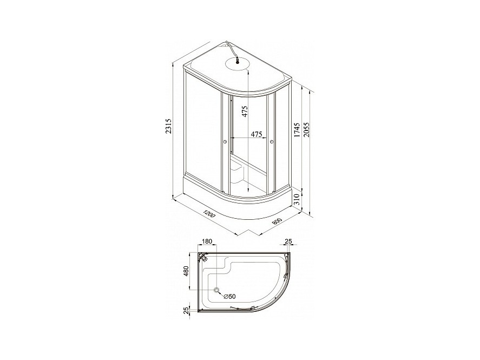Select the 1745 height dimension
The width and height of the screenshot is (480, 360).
[x=296, y=130]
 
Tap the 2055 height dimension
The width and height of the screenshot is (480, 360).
[x=307, y=130]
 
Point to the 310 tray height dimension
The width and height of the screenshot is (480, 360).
[x=296, y=200]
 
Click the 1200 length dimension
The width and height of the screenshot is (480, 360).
[x=209, y=213]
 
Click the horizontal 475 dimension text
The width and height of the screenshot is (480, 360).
[x=257, y=134]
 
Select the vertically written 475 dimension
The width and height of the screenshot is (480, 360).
[x=244, y=112]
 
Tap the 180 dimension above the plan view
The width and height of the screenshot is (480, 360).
[x=207, y=241]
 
